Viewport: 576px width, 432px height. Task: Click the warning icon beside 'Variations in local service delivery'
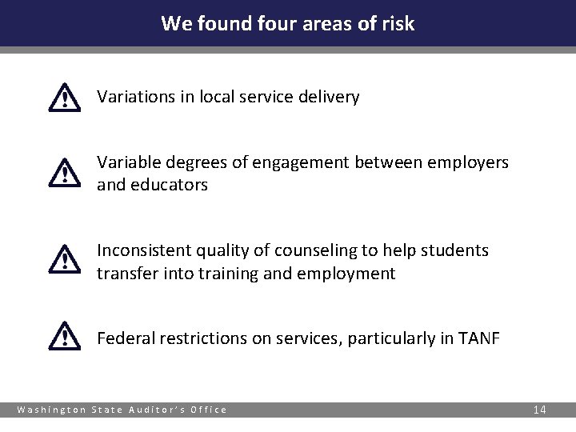click(x=64, y=98)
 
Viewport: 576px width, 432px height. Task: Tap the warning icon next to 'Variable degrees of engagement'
click(x=64, y=173)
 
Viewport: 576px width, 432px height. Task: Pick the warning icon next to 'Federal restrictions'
click(x=64, y=335)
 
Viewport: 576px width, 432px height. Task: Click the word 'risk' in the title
click(x=397, y=23)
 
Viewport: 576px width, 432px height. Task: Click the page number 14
click(x=539, y=410)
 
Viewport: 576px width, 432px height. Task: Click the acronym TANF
click(x=480, y=338)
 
